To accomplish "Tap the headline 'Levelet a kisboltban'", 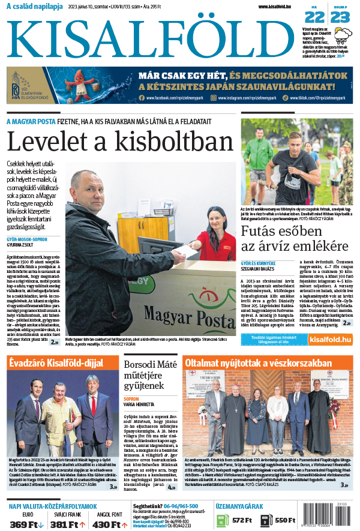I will click(119, 142).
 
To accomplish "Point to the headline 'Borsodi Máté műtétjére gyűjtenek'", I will click(151, 374).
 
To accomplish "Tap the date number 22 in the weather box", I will click(314, 16).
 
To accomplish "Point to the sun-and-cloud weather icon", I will click(343, 33).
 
